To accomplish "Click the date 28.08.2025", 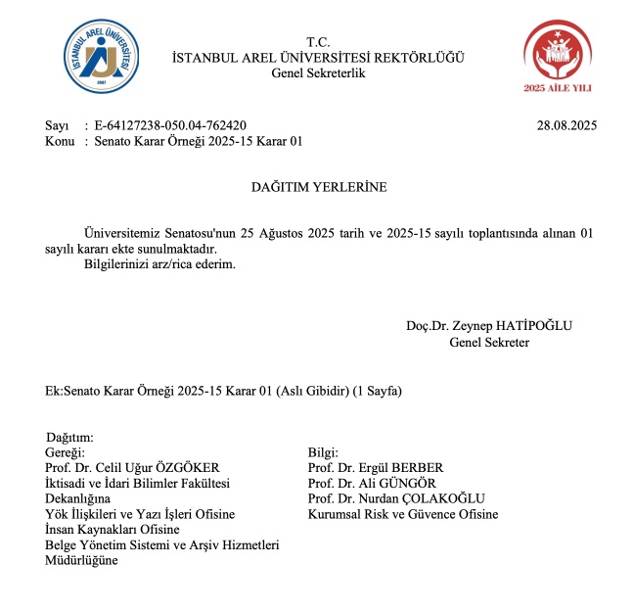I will [x=566, y=125].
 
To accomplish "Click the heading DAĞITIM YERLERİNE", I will [x=317, y=186].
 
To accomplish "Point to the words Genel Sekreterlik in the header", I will [x=317, y=74].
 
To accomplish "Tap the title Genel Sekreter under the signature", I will [x=489, y=342].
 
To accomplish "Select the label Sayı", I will [x=58, y=125].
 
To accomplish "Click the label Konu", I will [x=61, y=142].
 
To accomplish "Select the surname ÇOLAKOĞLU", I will [x=448, y=498].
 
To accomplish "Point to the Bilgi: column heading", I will [x=324, y=451].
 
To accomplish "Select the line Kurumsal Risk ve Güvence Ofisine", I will [x=402, y=514].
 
